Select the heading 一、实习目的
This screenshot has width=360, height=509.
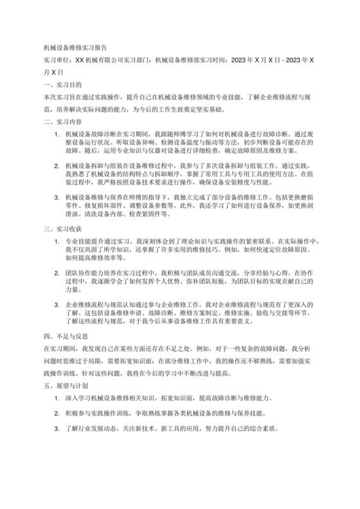tap(59, 85)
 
